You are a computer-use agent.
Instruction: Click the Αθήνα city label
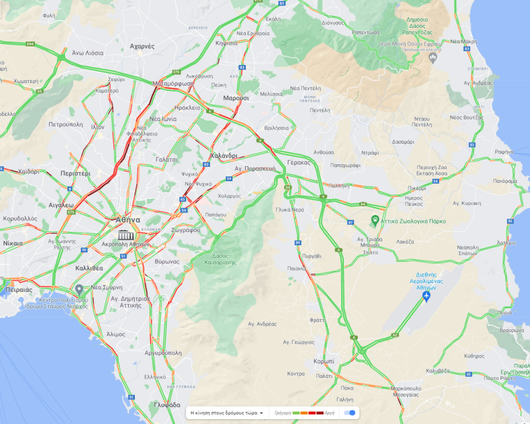pos(128,220)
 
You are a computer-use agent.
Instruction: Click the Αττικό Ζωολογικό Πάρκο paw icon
pos(375,220)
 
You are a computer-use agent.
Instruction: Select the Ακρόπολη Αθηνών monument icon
pos(125,234)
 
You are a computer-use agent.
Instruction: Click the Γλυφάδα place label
pos(167,405)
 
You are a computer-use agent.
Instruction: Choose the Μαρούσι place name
pos(235,98)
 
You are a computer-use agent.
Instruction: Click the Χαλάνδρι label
pos(224,155)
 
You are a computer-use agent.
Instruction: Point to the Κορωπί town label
pos(323,361)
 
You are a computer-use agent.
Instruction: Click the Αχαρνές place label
pos(142,46)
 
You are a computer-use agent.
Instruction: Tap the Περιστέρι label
pos(75,173)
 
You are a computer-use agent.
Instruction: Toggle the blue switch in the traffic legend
pos(349,413)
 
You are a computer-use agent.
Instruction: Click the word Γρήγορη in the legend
pos(282,413)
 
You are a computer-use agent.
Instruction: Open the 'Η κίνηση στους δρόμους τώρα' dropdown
pos(226,413)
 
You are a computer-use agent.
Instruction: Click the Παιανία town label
pos(296,269)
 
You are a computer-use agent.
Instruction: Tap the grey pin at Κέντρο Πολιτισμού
pos(79,289)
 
